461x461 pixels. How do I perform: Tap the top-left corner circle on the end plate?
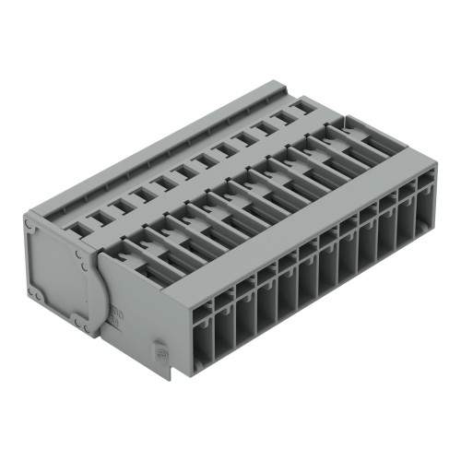click(30, 222)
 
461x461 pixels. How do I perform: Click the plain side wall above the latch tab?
click(148, 304)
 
